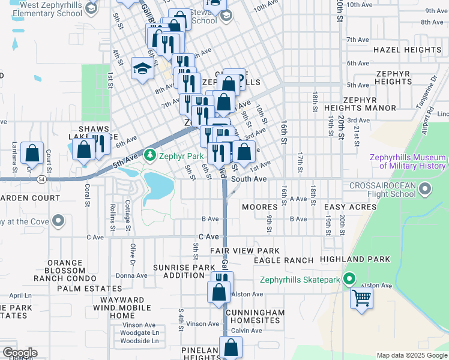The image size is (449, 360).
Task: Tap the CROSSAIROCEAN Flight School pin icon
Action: [x=425, y=190]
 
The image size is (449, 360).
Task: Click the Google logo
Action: [x=19, y=353]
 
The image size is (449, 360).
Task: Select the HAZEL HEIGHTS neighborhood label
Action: [x=407, y=50]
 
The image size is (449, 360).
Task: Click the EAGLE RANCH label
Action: [x=283, y=260]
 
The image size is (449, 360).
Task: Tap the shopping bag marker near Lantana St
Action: [x=32, y=153]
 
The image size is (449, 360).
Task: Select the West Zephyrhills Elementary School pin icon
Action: [x=91, y=8]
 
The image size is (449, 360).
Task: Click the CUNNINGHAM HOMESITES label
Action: [x=255, y=316]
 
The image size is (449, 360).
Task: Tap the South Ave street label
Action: [x=249, y=179]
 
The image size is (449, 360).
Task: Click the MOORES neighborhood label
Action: [x=259, y=207]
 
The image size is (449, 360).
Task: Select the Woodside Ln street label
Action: [x=139, y=341]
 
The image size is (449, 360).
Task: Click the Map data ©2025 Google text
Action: [x=411, y=355]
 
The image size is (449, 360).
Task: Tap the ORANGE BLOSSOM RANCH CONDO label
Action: [x=57, y=270]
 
